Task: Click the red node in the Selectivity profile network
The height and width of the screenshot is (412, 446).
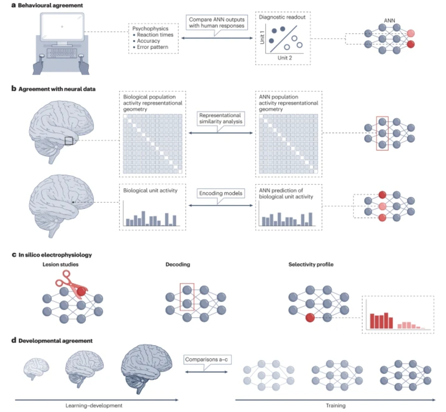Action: (x=310, y=318)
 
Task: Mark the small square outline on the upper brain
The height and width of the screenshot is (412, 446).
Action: (x=69, y=141)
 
